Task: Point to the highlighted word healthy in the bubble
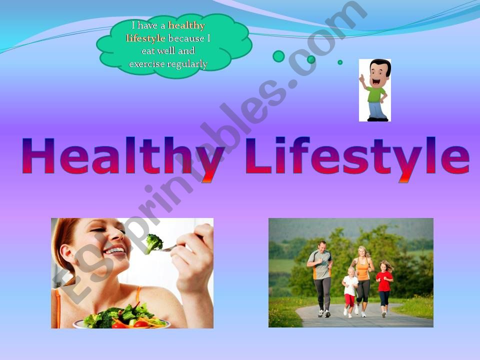coord(186,25)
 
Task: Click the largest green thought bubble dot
coord(278,56)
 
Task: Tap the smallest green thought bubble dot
coord(340,62)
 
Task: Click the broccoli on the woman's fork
coord(153,243)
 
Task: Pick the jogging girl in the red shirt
coord(384,288)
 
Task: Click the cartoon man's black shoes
coord(378,119)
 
